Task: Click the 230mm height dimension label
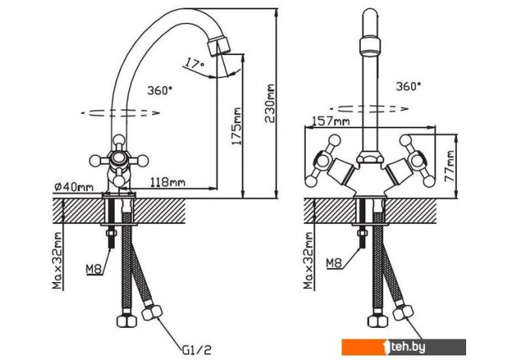pos(270,103)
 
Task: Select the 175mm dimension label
pos(236,126)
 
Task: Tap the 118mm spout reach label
pos(167,182)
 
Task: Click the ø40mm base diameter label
pos(74,186)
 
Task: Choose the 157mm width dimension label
pos(331,122)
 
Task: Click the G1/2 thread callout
pos(196,350)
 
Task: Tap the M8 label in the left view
pos(94,269)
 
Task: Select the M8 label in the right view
pos(334,263)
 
